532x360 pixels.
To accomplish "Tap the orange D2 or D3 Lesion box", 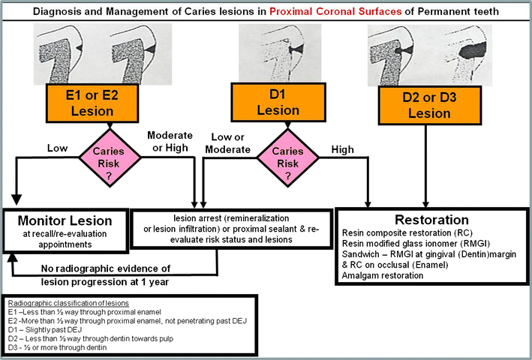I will (x=426, y=106).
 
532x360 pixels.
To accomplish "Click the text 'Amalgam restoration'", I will (x=381, y=276).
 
